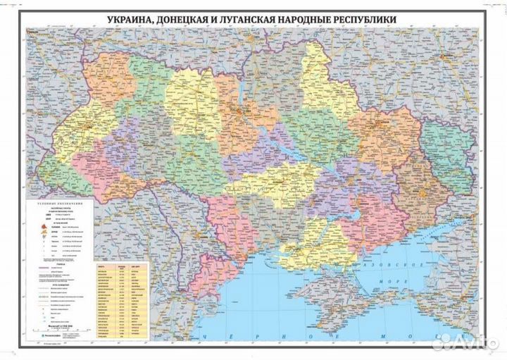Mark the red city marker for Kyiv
(243, 113)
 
